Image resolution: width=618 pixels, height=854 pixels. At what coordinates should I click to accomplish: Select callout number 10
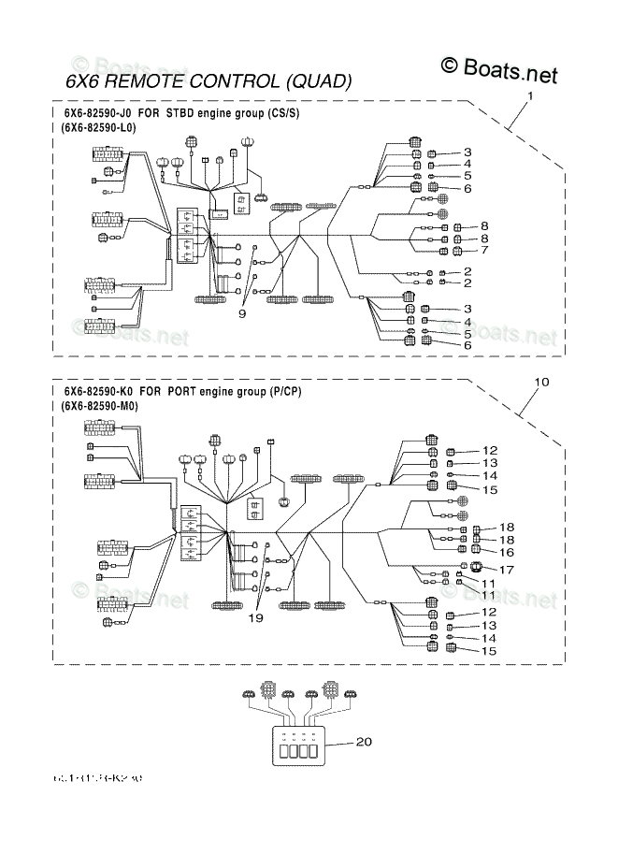pyautogui.click(x=540, y=382)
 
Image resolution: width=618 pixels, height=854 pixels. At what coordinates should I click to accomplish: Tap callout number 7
pyautogui.click(x=485, y=250)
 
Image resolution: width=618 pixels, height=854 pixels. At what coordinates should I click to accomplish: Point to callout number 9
pyautogui.click(x=241, y=314)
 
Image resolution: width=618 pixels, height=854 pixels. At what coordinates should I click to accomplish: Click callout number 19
pyautogui.click(x=255, y=617)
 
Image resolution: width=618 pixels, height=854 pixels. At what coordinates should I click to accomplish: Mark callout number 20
pyautogui.click(x=364, y=742)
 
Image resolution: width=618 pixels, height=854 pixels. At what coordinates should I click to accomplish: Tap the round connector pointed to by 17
pyautogui.click(x=476, y=568)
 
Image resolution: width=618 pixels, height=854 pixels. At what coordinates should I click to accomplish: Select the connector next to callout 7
pyautogui.click(x=459, y=251)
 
